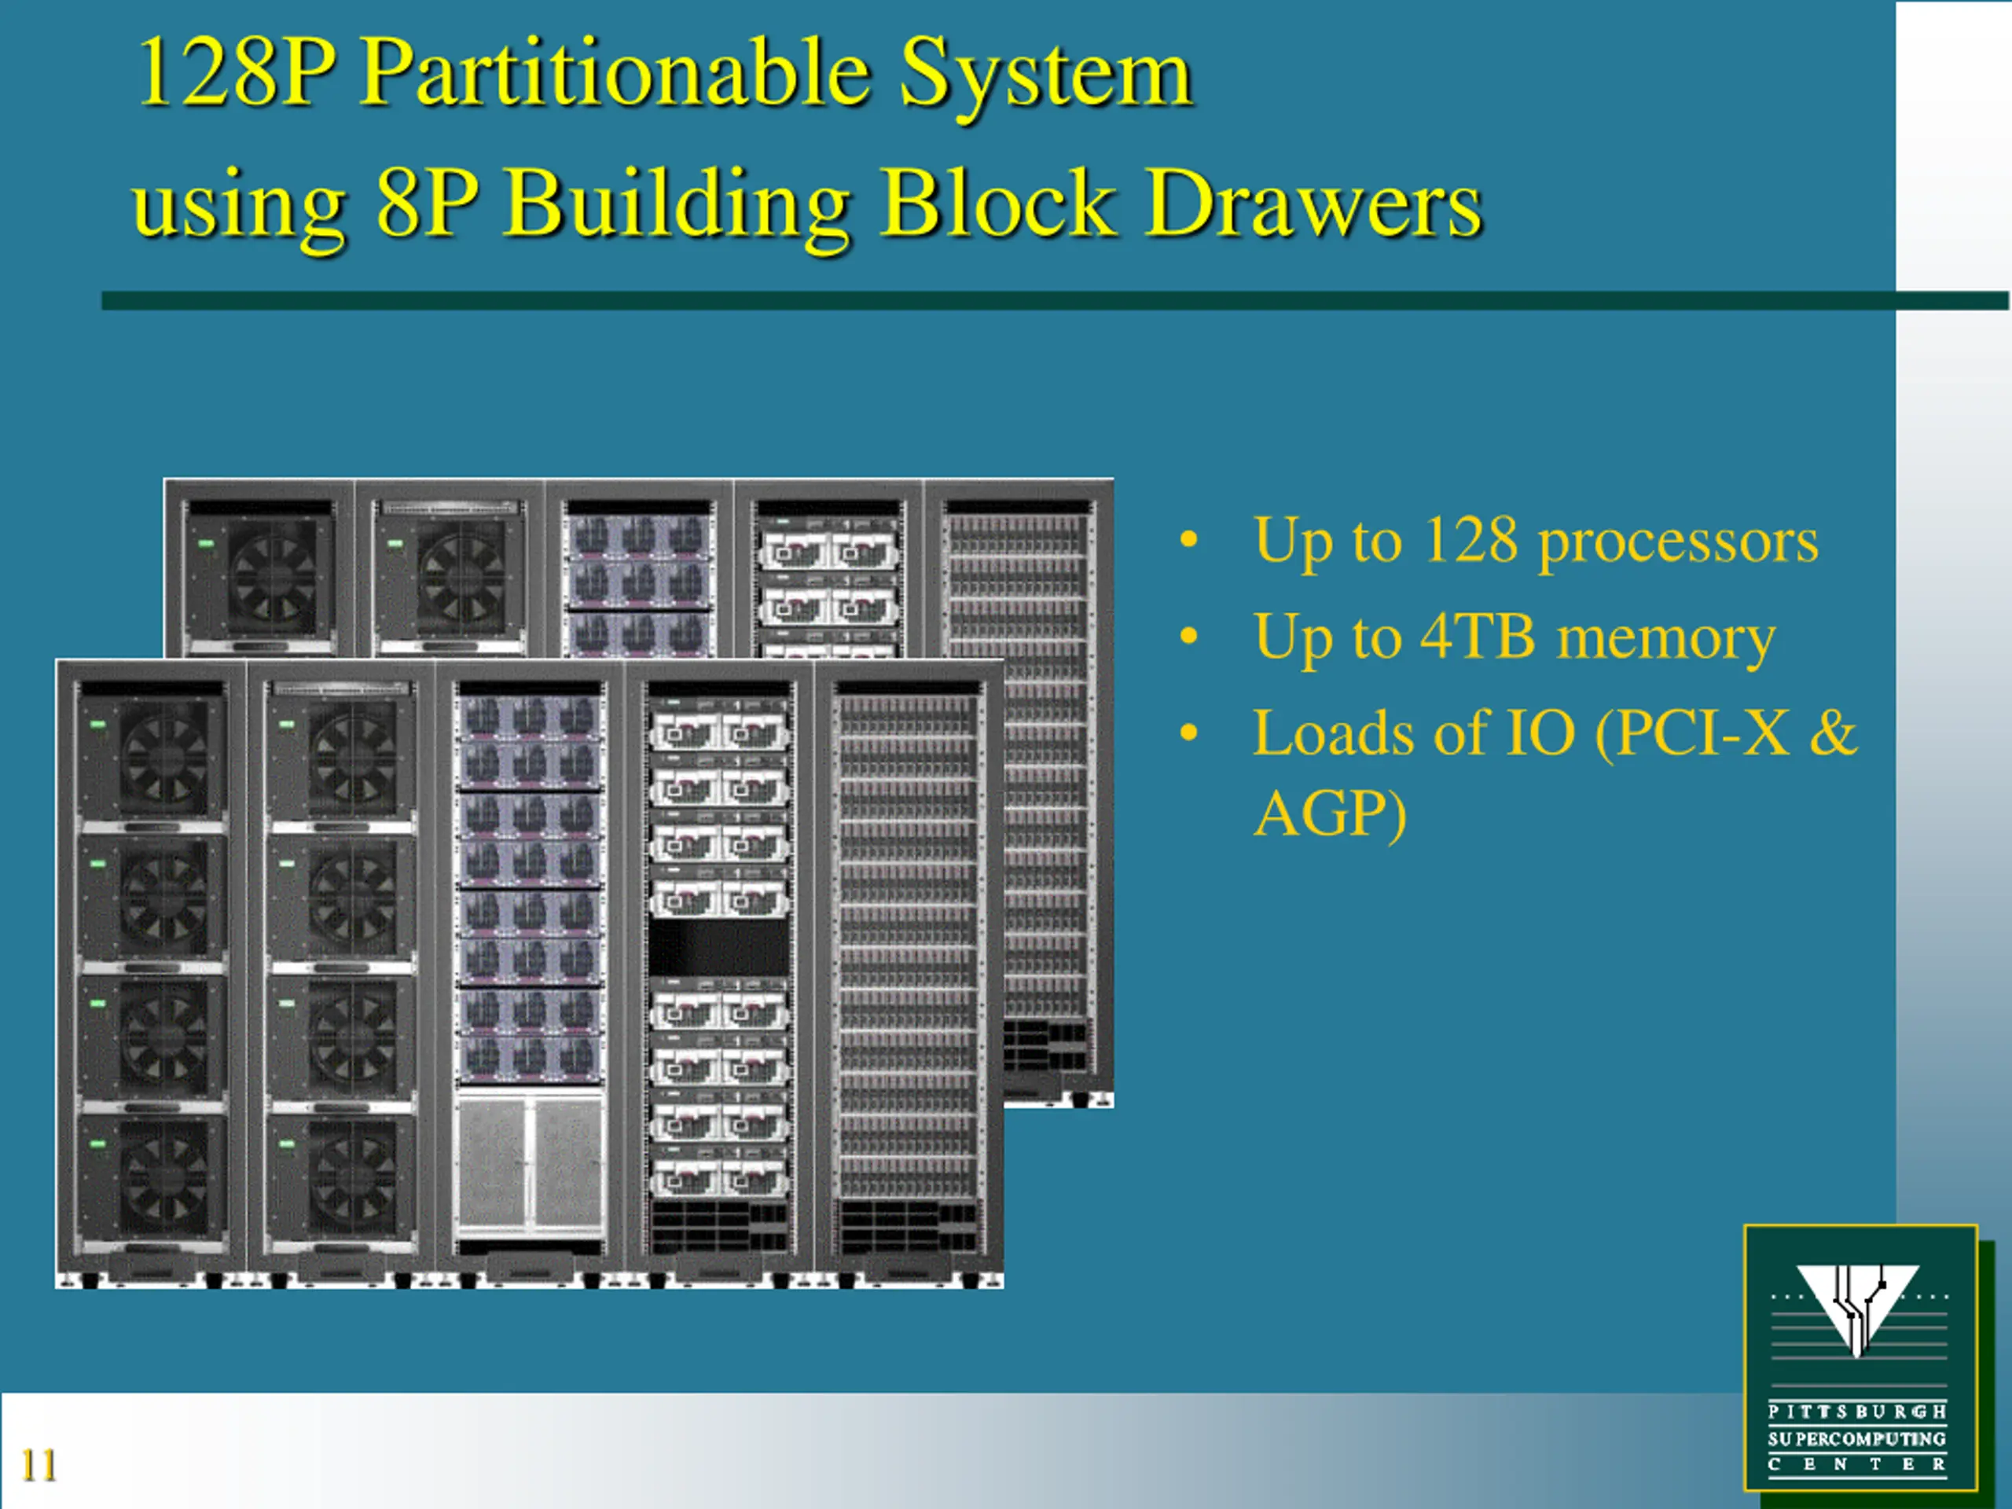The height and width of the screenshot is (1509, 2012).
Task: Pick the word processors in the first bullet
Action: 1677,543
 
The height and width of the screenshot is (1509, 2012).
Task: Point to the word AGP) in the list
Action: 1330,813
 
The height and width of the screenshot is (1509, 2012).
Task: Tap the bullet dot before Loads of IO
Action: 1188,733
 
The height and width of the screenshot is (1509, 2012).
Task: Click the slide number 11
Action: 39,1464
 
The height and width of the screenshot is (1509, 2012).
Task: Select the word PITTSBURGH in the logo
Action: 1856,1412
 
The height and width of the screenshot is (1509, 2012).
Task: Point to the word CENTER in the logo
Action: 1856,1464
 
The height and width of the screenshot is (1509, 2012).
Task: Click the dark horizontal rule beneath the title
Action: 1000,301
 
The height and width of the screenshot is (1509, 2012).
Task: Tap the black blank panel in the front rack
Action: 718,947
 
